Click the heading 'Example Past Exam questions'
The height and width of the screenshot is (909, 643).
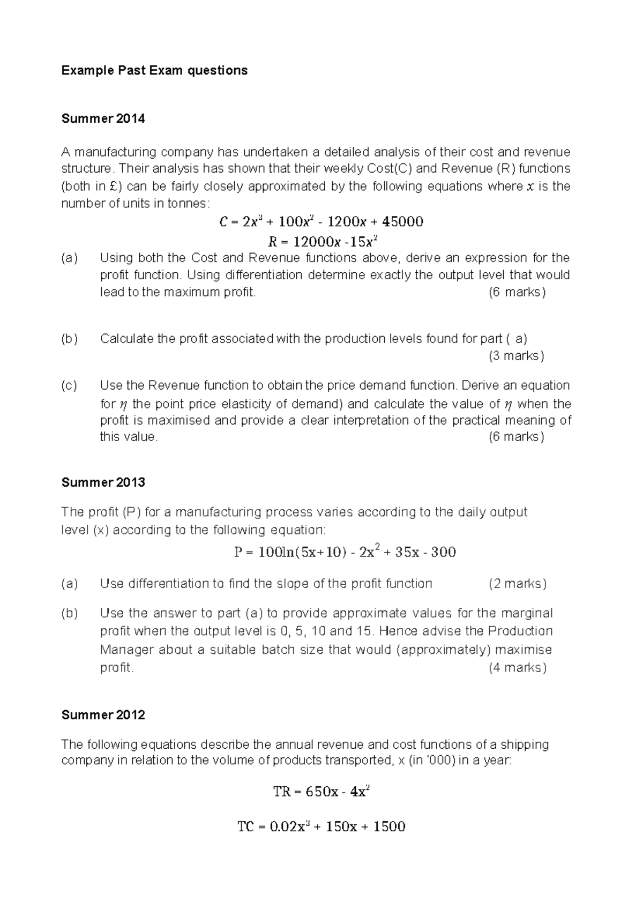(154, 70)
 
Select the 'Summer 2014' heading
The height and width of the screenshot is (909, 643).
(103, 118)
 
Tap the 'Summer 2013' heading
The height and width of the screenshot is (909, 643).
(103, 482)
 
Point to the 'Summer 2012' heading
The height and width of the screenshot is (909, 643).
(103, 715)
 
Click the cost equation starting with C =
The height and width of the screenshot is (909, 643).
(321, 221)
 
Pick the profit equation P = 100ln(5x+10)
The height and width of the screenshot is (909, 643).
(345, 552)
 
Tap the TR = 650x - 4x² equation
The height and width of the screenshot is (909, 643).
(321, 791)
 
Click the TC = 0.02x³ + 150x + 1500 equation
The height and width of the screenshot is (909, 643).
(321, 826)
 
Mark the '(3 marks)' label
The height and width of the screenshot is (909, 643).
(516, 356)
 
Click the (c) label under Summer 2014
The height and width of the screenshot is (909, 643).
(69, 385)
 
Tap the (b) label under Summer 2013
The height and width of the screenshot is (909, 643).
(69, 613)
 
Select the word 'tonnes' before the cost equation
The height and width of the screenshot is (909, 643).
(188, 204)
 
